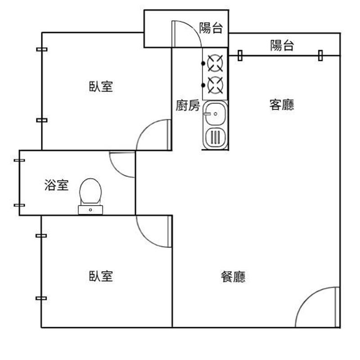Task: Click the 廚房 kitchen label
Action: [x=188, y=106]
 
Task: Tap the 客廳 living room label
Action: [x=282, y=105]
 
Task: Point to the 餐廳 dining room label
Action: [x=233, y=277]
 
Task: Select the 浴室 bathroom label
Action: [x=57, y=184]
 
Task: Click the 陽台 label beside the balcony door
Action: [x=211, y=28]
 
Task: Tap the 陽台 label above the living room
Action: [x=282, y=45]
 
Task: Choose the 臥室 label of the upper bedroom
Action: [x=100, y=86]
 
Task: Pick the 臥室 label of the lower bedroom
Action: [x=100, y=276]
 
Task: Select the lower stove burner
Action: [x=216, y=85]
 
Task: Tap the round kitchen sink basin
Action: [x=216, y=112]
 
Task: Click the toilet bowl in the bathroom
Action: [x=90, y=191]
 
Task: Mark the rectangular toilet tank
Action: [x=90, y=209]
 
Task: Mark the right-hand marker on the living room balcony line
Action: [x=320, y=55]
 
